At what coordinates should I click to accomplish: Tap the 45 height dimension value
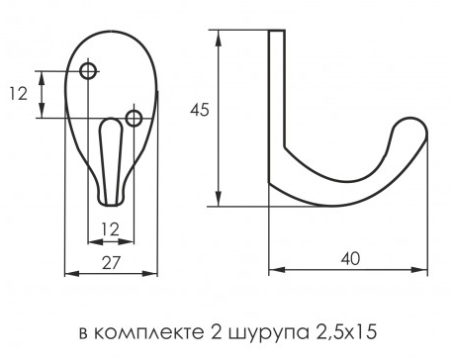200,110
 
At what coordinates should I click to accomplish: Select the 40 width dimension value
350,259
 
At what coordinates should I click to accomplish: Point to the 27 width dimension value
111,263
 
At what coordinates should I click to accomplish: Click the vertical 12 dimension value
18,94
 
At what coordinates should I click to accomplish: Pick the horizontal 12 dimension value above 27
110,229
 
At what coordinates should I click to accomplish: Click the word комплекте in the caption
148,333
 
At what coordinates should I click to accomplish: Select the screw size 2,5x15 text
345,332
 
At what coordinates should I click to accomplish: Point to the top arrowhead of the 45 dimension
218,38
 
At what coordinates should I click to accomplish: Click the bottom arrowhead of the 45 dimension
218,199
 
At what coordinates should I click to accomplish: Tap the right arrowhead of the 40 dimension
419,270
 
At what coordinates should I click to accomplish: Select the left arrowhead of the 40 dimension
277,270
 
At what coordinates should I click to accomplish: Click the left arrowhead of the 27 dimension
72,273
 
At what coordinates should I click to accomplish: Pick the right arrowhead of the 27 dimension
150,273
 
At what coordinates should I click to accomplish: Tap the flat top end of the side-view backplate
277,31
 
